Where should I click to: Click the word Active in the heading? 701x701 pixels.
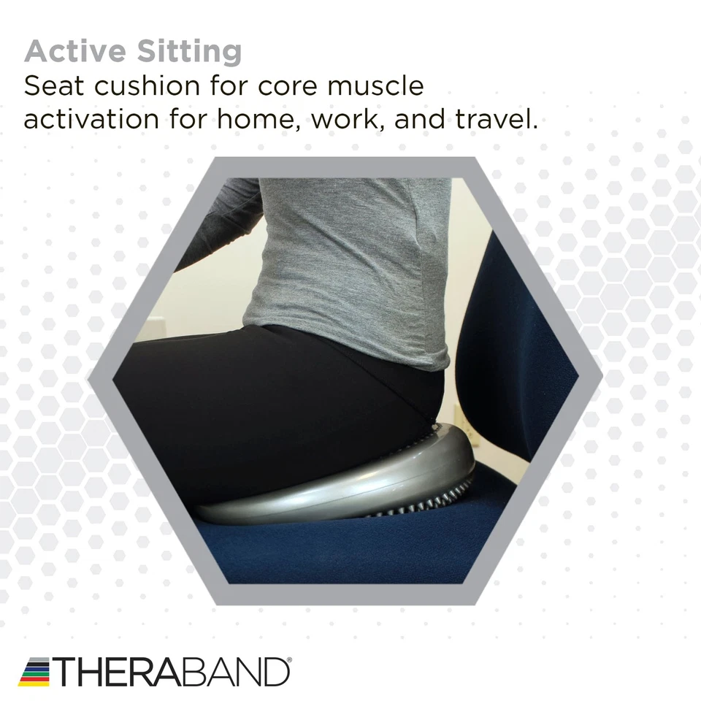75,51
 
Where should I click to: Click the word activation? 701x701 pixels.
91,118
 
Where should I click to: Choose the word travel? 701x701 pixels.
497,118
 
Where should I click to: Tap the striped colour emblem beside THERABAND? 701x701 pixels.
34,672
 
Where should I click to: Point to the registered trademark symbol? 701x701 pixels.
289,660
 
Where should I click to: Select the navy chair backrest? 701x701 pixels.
514,358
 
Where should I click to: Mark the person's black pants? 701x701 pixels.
277,411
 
